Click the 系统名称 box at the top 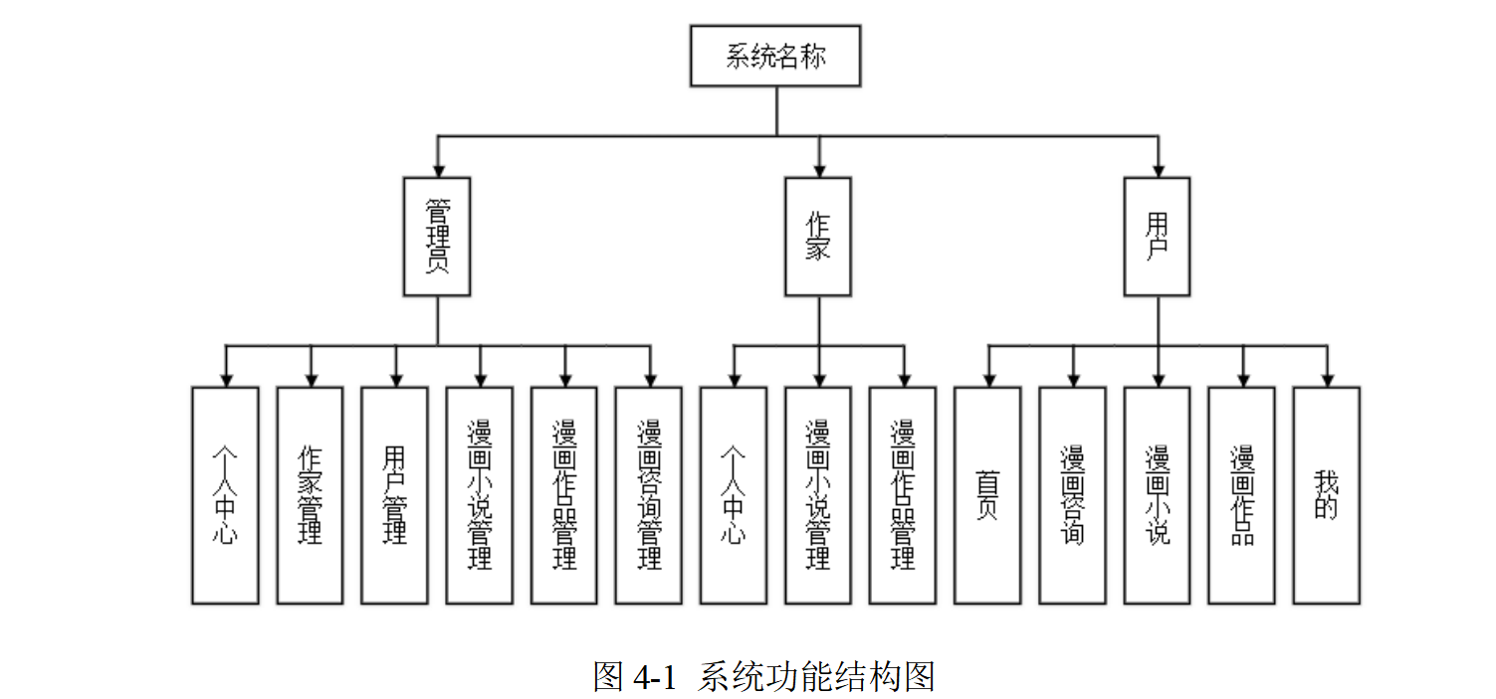pyautogui.click(x=775, y=56)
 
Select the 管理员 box pyautogui.click(x=437, y=237)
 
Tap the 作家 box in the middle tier pyautogui.click(x=818, y=237)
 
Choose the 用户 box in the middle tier pyautogui.click(x=1157, y=237)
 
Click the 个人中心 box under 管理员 pyautogui.click(x=225, y=495)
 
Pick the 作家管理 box pyautogui.click(x=310, y=495)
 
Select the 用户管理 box pyautogui.click(x=394, y=495)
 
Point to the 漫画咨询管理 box pyautogui.click(x=649, y=495)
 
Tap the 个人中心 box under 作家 pyautogui.click(x=734, y=495)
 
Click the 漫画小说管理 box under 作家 pyautogui.click(x=818, y=495)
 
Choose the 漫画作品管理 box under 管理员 pyautogui.click(x=564, y=495)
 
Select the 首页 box pyautogui.click(x=987, y=495)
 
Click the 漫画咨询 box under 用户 pyautogui.click(x=1072, y=495)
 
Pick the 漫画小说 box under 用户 pyautogui.click(x=1157, y=495)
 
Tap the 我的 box pyautogui.click(x=1327, y=495)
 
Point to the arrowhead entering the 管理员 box pyautogui.click(x=437, y=170)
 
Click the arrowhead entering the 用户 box pyautogui.click(x=1157, y=170)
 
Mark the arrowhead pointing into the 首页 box pyautogui.click(x=987, y=380)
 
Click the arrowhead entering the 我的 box pyautogui.click(x=1327, y=380)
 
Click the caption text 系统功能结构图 pyautogui.click(x=816, y=677)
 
